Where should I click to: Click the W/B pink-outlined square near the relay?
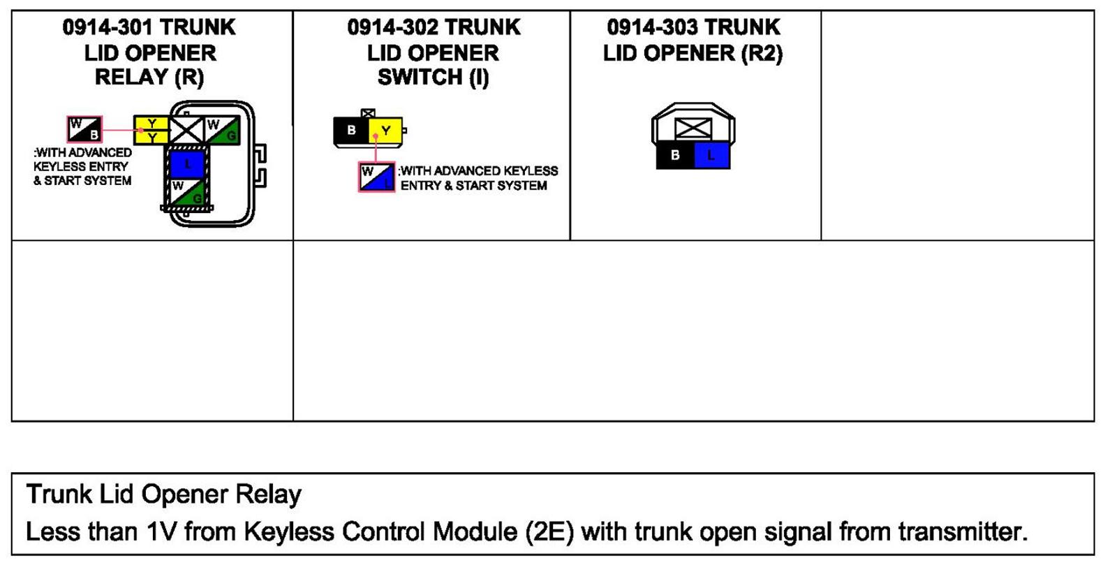(x=84, y=129)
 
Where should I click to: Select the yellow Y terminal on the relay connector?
(x=151, y=130)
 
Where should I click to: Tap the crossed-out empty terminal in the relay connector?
(x=187, y=130)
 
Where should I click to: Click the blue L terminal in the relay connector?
(x=187, y=164)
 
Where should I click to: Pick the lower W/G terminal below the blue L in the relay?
(x=187, y=192)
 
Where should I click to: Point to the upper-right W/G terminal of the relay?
(x=222, y=130)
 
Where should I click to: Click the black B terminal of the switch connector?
(x=351, y=131)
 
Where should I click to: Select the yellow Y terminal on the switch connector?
(x=385, y=131)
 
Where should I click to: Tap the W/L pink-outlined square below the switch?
(x=377, y=177)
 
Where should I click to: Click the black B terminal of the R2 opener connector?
(x=675, y=155)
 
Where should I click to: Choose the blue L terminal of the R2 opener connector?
(x=711, y=155)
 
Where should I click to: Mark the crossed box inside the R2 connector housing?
(x=693, y=129)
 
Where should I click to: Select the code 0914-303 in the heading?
(x=652, y=27)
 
